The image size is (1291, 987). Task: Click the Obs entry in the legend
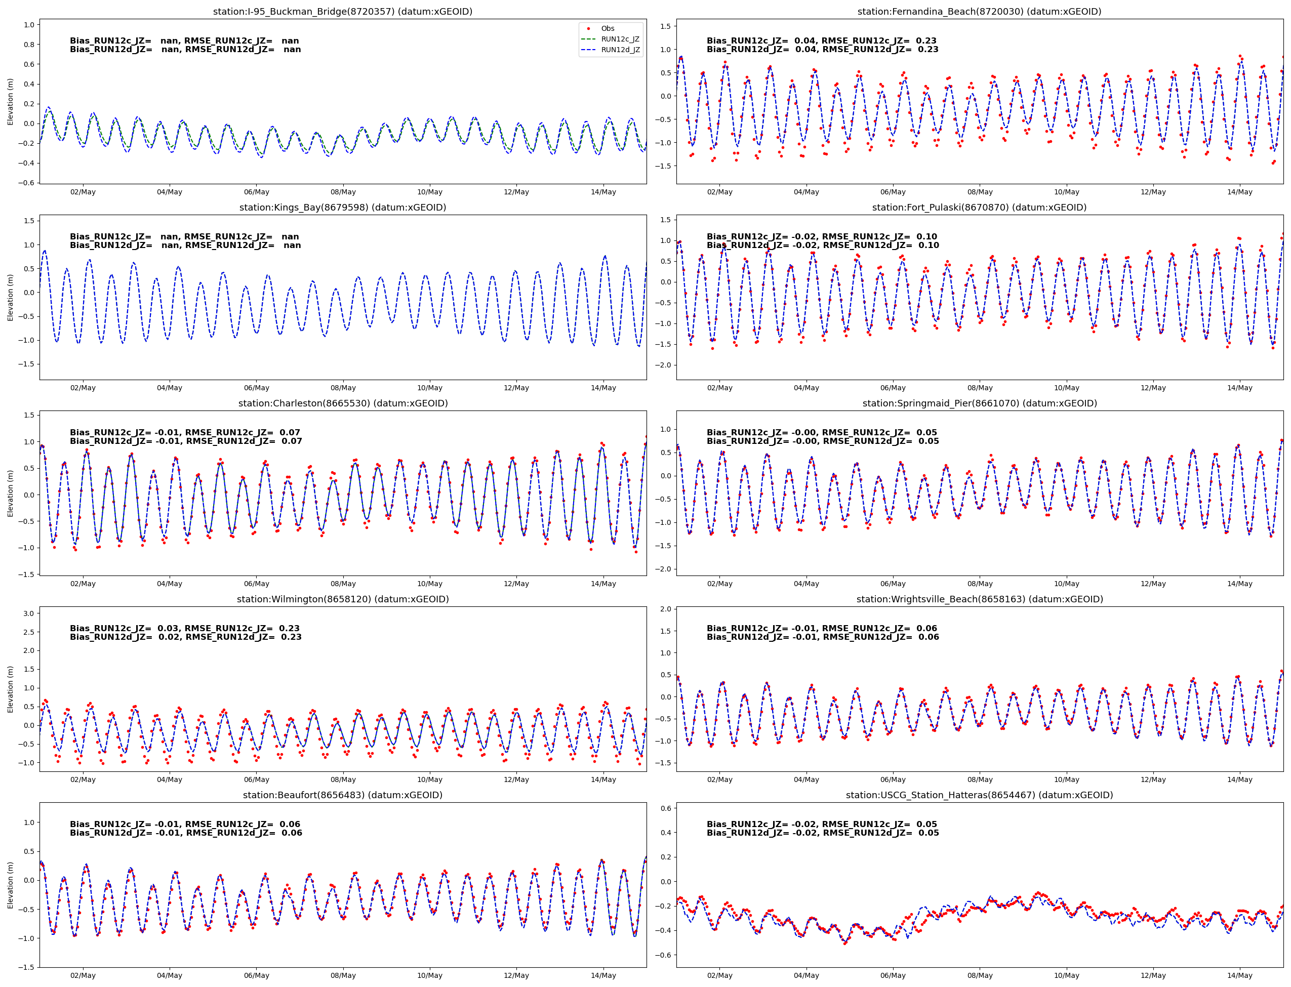point(607,28)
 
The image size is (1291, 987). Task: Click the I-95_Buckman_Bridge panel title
point(343,11)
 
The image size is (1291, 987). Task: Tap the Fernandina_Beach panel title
point(979,11)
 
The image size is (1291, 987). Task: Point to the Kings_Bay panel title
point(343,208)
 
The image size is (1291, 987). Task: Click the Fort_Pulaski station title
point(979,208)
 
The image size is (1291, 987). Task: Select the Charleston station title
point(343,403)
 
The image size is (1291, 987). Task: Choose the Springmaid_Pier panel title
point(979,403)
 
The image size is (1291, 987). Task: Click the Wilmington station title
point(343,599)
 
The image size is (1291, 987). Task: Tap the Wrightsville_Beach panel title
point(979,599)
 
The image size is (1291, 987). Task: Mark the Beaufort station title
point(343,795)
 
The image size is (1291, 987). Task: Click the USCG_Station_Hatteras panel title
point(979,795)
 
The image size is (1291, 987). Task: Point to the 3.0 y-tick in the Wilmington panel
point(28,613)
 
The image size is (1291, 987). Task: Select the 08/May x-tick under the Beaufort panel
point(343,976)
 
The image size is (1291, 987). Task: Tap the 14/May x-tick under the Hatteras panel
point(1240,976)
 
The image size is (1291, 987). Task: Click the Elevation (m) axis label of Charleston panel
point(10,493)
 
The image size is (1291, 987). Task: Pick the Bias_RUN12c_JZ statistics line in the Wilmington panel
point(184,629)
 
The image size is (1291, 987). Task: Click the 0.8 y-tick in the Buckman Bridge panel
point(28,45)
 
